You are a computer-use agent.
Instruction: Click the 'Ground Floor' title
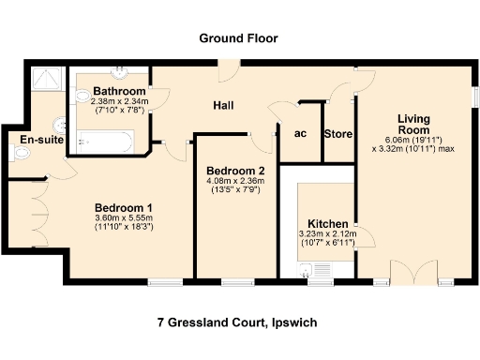(238, 38)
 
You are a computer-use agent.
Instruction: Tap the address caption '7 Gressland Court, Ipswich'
(237, 322)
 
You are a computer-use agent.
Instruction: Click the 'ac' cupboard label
(300, 133)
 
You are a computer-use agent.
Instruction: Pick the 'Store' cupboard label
(337, 134)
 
